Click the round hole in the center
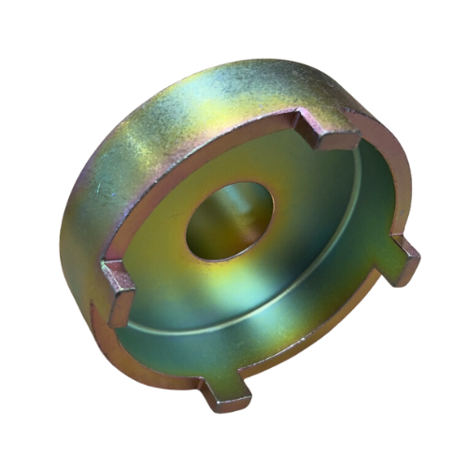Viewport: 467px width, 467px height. pyautogui.click(x=229, y=221)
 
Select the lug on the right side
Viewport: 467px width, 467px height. pyautogui.click(x=403, y=259)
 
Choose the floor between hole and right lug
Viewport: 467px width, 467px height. pyautogui.click(x=327, y=243)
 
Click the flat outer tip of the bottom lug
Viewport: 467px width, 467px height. pyautogui.click(x=228, y=403)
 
